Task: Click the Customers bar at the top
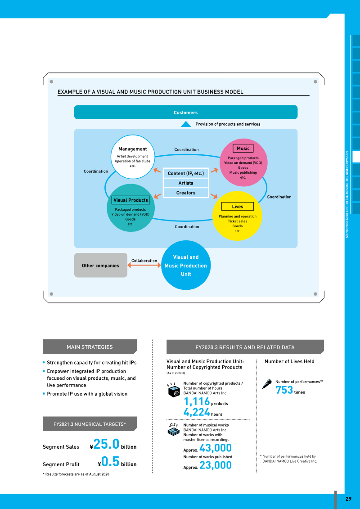[x=186, y=113]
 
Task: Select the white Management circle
[x=132, y=157]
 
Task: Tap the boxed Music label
[x=243, y=149]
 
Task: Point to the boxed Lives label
[x=237, y=207]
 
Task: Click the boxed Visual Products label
[x=130, y=200]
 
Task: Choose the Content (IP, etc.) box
[x=186, y=173]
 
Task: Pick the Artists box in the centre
[x=186, y=183]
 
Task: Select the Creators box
[x=186, y=193]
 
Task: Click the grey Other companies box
[x=101, y=265]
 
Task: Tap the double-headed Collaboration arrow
[x=144, y=265]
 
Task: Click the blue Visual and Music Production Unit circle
[x=186, y=265]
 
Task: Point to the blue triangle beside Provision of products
[x=186, y=124]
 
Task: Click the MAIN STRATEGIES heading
[x=90, y=347]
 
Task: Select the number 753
[x=284, y=390]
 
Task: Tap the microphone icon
[x=267, y=384]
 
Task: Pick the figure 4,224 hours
[x=203, y=412]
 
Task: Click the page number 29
[x=348, y=499]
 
